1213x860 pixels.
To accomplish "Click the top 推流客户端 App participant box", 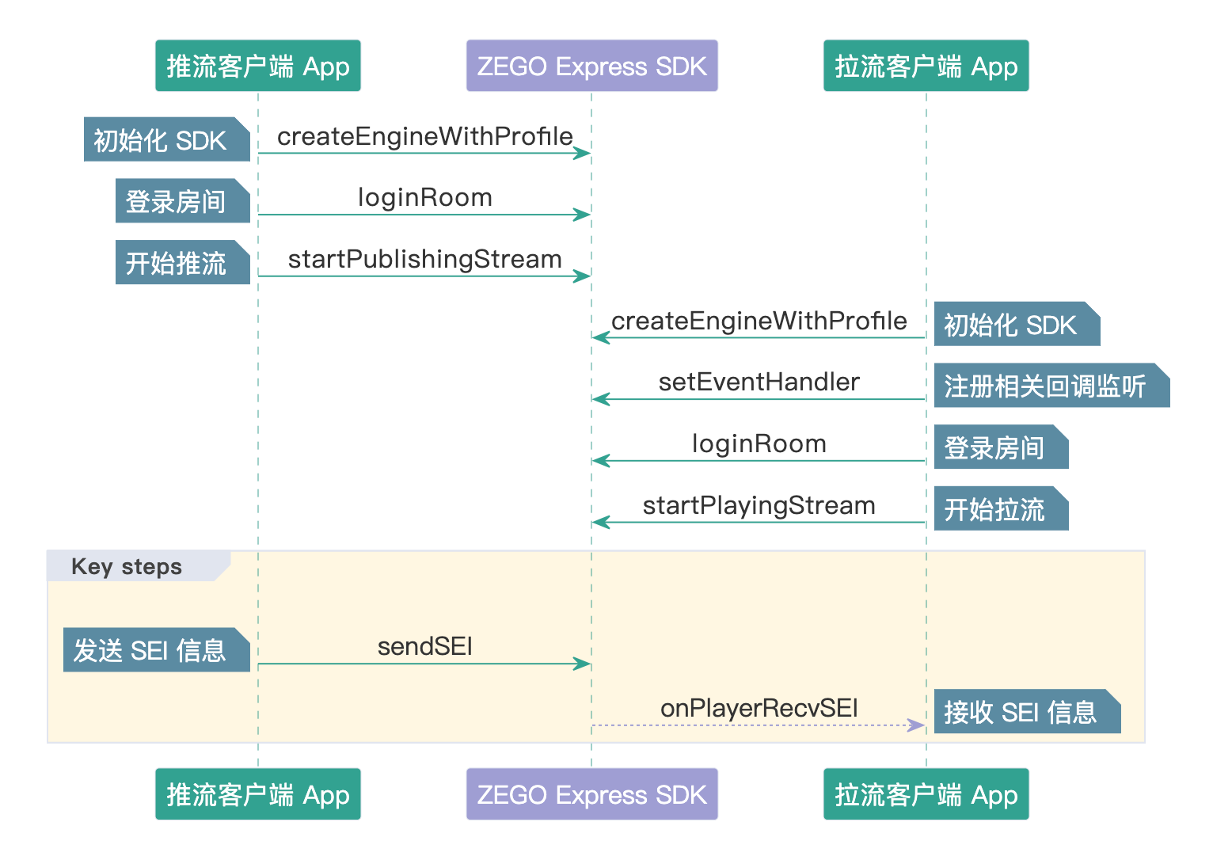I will tap(257, 66).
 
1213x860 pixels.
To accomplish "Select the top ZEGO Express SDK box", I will tap(591, 66).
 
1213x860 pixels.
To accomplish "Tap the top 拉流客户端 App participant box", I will tap(926, 66).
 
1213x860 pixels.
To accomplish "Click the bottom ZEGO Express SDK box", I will tap(591, 794).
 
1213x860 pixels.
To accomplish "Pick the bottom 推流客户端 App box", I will tap(257, 794).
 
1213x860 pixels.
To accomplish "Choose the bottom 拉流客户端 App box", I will tap(926, 794).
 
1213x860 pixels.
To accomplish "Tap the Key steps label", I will tap(127, 567).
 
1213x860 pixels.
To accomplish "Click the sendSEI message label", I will tap(424, 647).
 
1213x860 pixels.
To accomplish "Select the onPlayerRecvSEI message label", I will tap(759, 708).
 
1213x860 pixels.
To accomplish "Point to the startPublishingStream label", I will tap(424, 260).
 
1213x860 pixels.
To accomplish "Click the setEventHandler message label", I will tap(759, 382).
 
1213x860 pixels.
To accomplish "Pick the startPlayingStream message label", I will tap(759, 506).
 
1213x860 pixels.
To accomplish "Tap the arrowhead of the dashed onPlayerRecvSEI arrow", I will tap(918, 725).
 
